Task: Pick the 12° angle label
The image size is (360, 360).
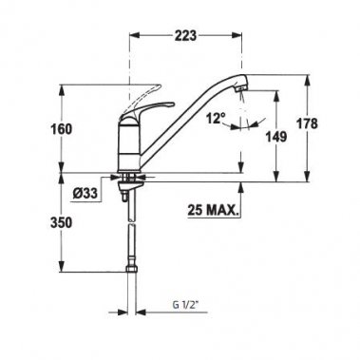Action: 215,121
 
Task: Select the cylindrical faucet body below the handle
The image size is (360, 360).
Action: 126,142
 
